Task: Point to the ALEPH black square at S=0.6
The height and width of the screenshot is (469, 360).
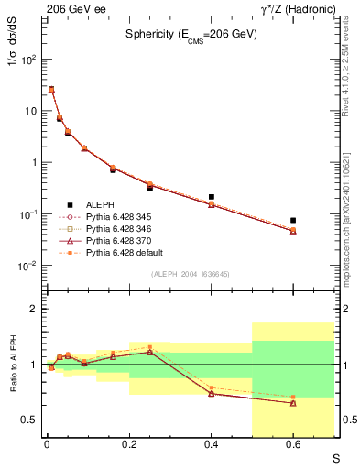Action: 293,221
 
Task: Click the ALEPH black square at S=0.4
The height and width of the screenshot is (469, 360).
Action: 212,197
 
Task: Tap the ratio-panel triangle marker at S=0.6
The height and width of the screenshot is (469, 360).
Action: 293,403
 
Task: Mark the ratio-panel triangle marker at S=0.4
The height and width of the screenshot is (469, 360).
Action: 212,393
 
